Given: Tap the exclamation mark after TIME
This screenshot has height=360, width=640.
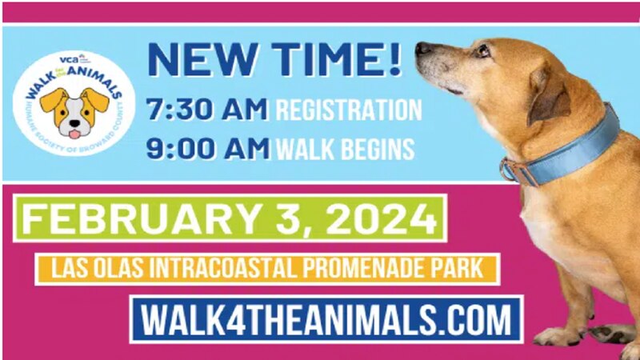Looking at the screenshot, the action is (x=394, y=58).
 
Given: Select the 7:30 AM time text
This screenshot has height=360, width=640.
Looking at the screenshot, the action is (x=207, y=109).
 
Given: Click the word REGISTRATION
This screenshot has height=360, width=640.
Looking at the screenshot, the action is (x=349, y=110).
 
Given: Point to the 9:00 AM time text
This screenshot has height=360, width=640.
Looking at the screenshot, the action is (x=208, y=148).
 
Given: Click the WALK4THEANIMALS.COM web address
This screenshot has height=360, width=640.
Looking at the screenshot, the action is (x=326, y=319).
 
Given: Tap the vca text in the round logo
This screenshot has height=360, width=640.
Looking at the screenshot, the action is (x=69, y=60).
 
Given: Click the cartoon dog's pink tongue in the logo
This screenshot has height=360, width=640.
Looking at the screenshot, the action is (x=74, y=134).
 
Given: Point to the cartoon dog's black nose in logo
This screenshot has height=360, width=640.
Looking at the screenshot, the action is (x=74, y=123).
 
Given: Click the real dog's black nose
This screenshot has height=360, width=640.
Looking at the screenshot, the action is (x=422, y=48).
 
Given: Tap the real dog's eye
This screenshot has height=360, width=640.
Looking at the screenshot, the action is (x=483, y=50).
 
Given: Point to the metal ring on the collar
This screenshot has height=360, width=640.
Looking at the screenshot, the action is (x=506, y=170).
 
